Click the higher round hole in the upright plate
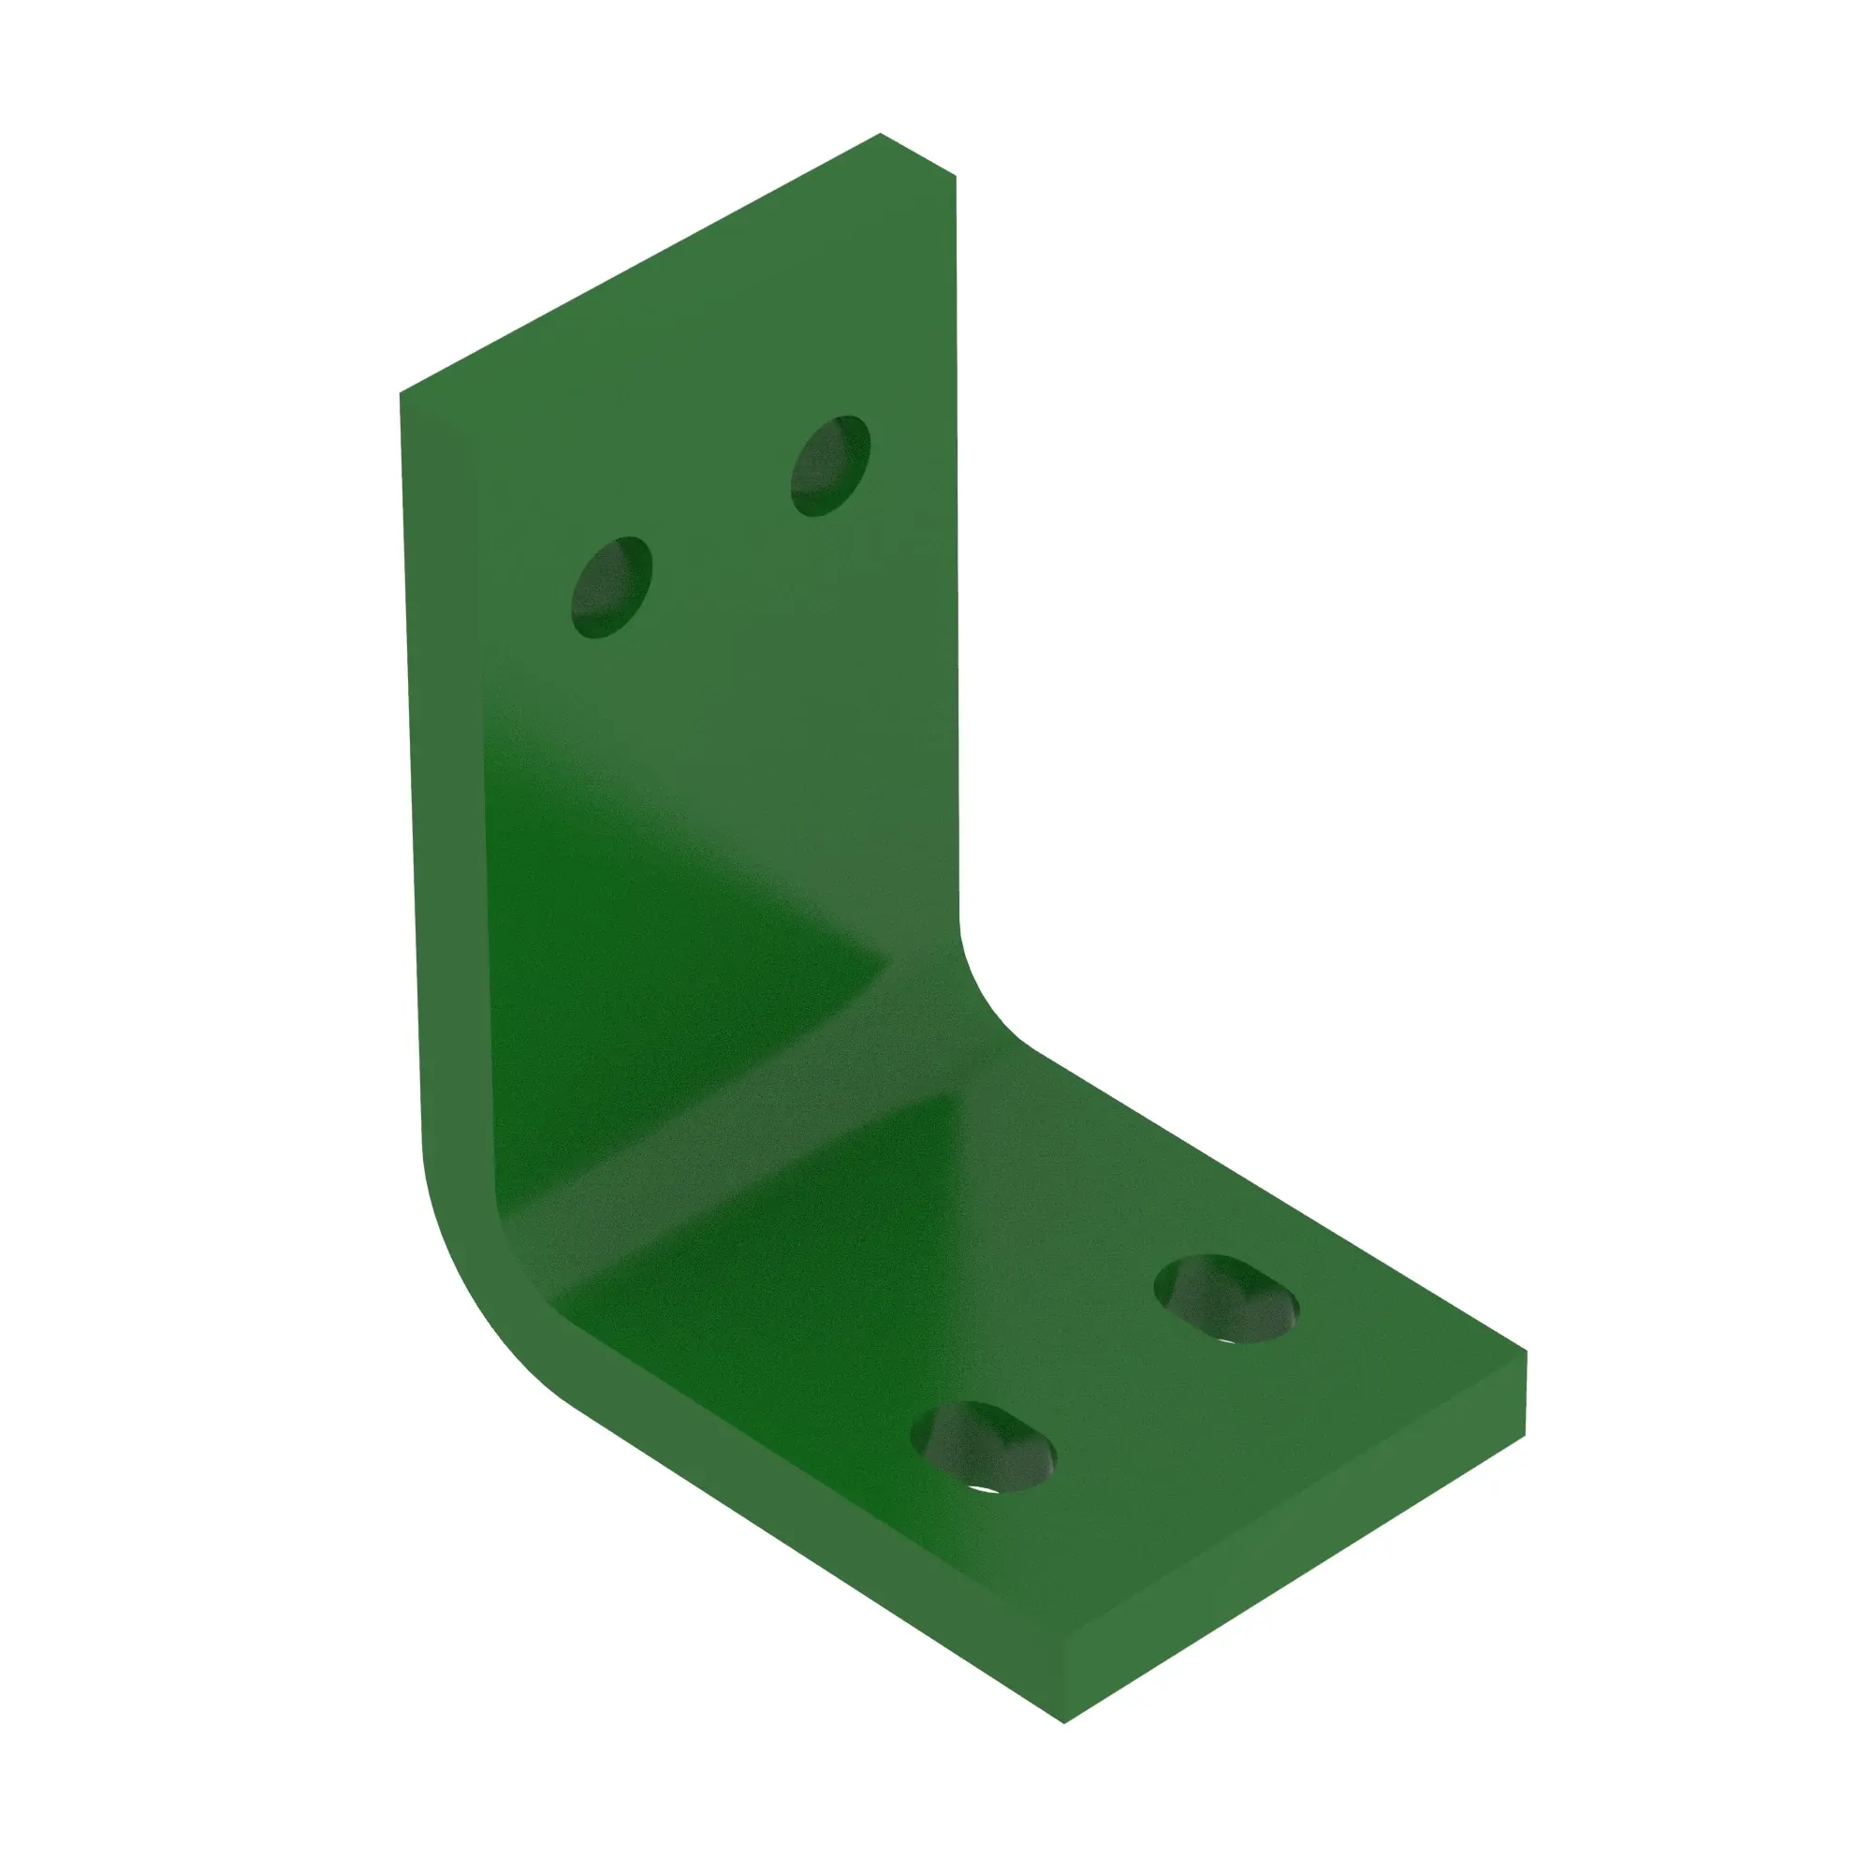(x=830, y=465)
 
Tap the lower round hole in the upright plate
(x=611, y=587)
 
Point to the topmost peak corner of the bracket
(x=880, y=134)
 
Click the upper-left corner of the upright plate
(x=401, y=393)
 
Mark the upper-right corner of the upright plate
(x=956, y=176)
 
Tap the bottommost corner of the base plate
(x=1064, y=1723)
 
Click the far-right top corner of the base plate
(x=1526, y=1351)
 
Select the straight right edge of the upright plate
(x=958, y=543)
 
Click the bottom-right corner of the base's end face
(x=1525, y=1436)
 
